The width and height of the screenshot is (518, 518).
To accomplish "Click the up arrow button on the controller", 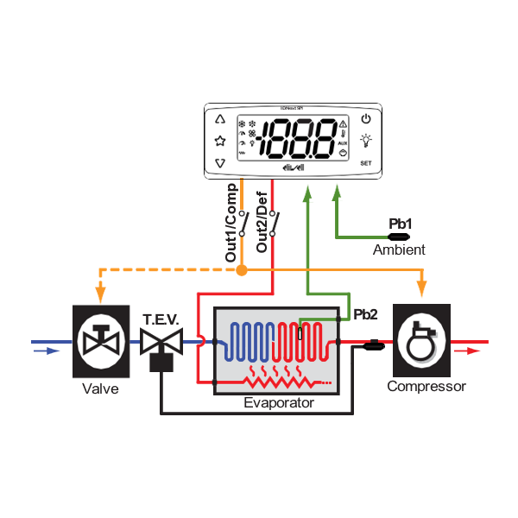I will click(219, 120).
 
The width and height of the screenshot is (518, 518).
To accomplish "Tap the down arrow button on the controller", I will click(219, 162).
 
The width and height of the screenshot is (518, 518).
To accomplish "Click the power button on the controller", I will click(366, 119).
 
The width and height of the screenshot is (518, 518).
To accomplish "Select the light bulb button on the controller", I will click(366, 140).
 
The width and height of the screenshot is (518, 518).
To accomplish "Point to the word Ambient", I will click(399, 250).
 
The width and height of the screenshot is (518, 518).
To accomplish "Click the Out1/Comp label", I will click(231, 223).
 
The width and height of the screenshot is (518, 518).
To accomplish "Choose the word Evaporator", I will click(278, 402).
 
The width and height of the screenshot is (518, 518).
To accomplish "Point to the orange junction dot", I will click(243, 271).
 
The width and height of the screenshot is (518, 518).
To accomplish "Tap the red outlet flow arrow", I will click(467, 351).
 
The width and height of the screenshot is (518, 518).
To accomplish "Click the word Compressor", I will click(426, 387).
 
